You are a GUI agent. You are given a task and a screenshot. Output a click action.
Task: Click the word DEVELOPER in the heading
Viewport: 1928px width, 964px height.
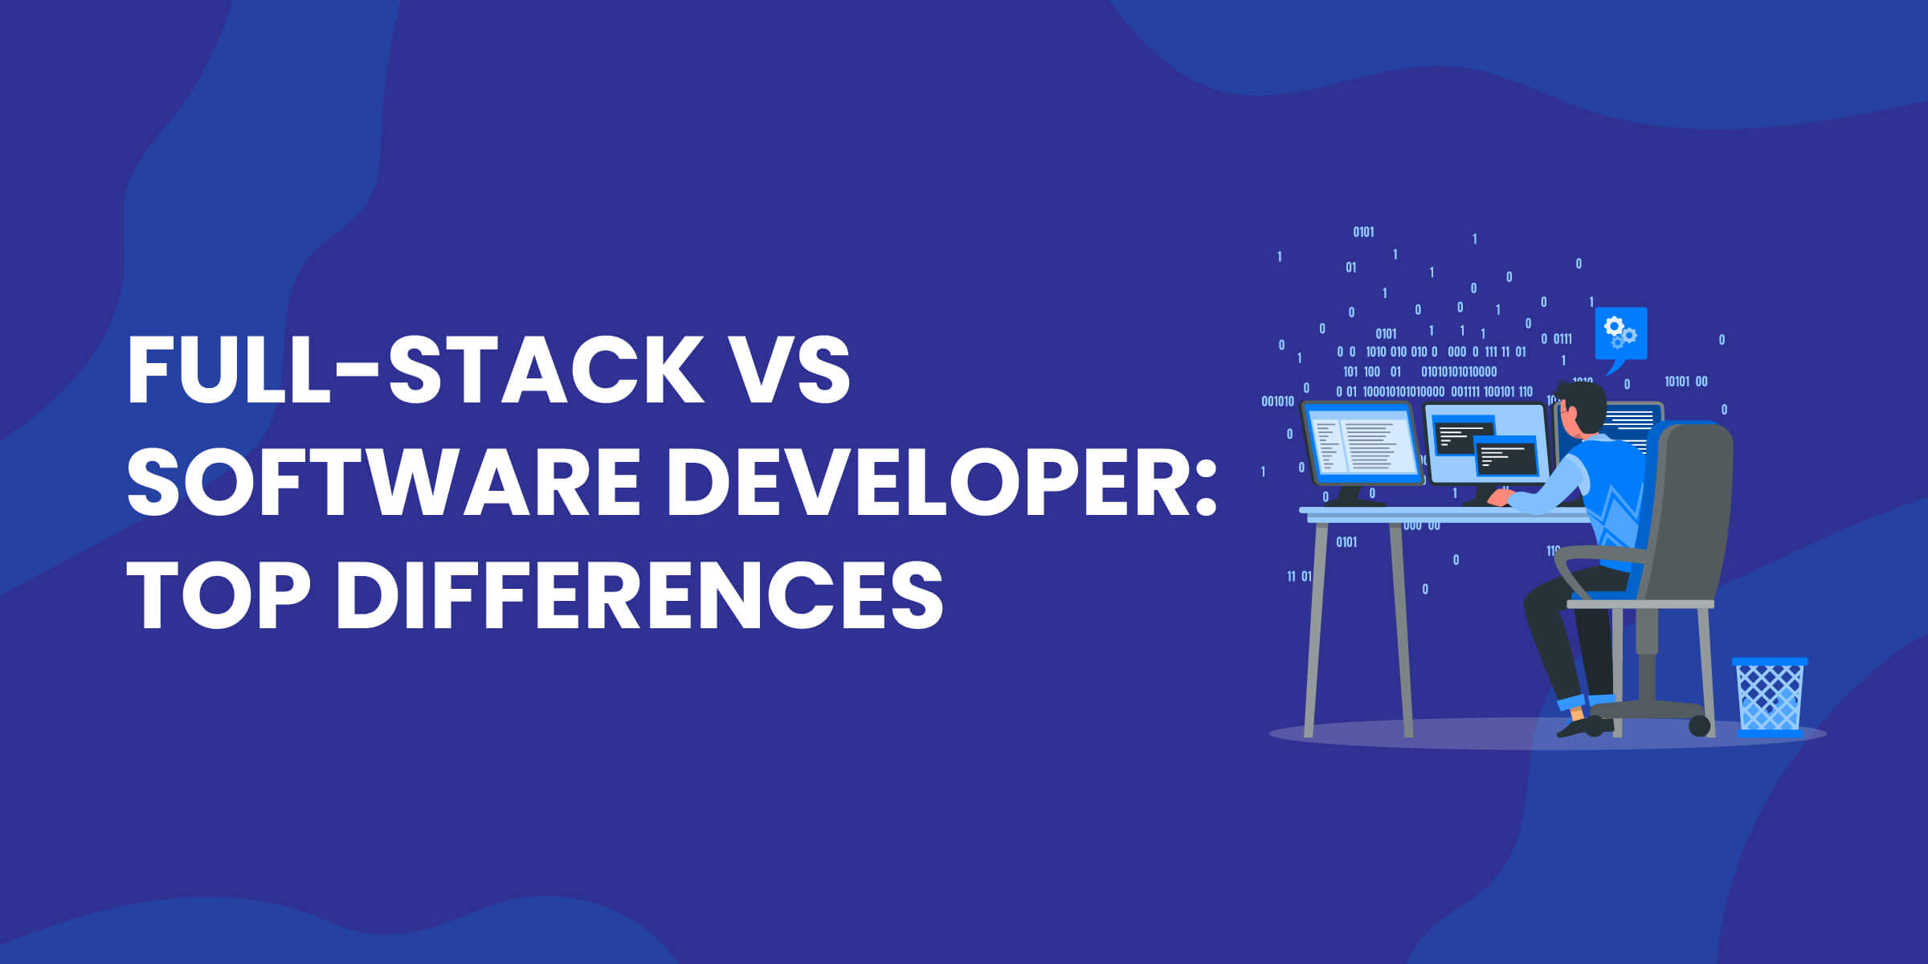[x=920, y=481]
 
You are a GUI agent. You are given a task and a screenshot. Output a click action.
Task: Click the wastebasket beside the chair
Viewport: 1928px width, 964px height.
[x=1770, y=696]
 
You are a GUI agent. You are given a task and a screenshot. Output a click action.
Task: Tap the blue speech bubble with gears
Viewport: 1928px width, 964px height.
[x=1620, y=334]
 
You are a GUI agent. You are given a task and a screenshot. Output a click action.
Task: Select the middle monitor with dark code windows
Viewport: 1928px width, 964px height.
[x=1486, y=446]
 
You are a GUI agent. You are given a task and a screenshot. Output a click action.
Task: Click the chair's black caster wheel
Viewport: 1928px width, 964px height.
[x=1699, y=725]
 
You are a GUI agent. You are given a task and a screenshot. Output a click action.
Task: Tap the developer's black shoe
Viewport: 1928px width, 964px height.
[x=1583, y=727]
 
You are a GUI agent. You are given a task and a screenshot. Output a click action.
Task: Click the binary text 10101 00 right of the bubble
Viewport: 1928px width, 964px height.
[x=1685, y=382]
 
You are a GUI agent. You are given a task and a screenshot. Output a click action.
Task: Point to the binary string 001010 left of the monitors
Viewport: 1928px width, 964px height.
[x=1277, y=401]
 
